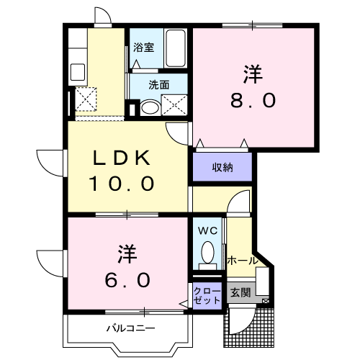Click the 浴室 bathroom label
click(143, 48)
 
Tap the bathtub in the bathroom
click(176, 48)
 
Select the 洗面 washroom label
click(159, 85)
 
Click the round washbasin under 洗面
click(150, 108)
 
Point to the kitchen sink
click(78, 72)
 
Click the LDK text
click(121, 158)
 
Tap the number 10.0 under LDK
click(122, 184)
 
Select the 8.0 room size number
click(253, 101)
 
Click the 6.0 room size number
click(127, 280)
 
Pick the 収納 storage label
click(222, 167)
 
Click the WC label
click(207, 230)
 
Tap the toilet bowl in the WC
click(207, 252)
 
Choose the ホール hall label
click(243, 261)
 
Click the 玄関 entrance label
click(240, 292)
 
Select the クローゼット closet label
click(207, 296)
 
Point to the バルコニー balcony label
click(131, 328)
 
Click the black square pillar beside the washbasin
click(132, 109)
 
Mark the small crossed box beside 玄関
click(266, 301)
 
